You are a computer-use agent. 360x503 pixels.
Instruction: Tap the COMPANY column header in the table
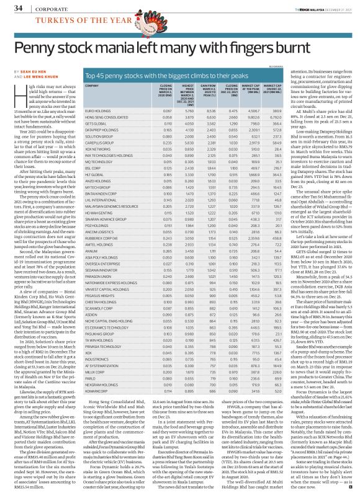pyautogui.click(x=92, y=85)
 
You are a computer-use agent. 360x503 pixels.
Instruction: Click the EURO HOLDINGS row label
pyautogui.click(x=97, y=110)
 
